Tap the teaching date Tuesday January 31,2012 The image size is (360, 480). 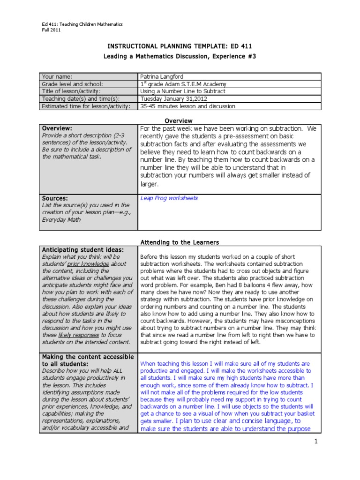[172, 99]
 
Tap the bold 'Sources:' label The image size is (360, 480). [55, 198]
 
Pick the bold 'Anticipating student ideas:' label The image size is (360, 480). [83, 249]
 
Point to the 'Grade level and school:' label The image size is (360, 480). [72, 84]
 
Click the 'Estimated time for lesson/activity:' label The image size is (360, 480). [85, 106]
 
